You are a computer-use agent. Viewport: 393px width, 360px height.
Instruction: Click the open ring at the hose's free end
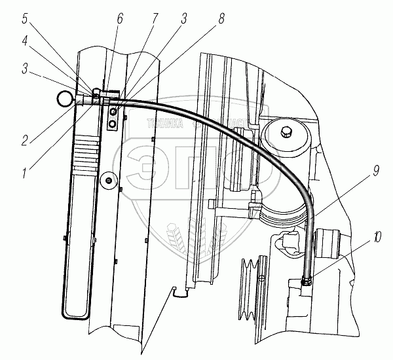click(64, 99)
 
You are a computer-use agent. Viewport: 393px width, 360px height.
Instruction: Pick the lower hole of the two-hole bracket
click(114, 123)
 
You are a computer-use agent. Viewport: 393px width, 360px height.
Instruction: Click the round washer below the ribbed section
click(107, 178)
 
